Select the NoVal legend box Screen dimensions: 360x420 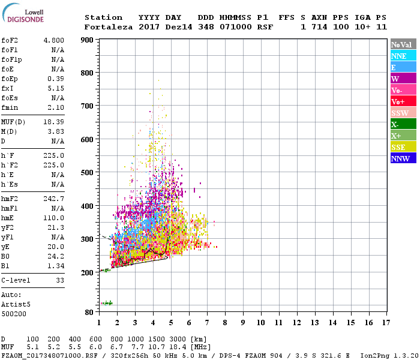tap(403, 44)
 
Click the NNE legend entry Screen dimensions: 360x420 tap(403, 56)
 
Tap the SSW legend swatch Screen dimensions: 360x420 tap(403, 113)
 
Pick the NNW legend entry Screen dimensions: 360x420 tap(403, 158)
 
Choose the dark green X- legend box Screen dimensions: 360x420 tap(403, 124)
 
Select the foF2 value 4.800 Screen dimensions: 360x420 tap(54, 40)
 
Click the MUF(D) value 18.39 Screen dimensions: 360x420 tap(54, 122)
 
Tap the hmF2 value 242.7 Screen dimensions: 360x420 tap(54, 199)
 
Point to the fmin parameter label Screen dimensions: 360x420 tap(10, 107)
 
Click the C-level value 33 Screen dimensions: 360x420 tap(59, 280)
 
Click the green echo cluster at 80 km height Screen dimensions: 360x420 tap(107, 303)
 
